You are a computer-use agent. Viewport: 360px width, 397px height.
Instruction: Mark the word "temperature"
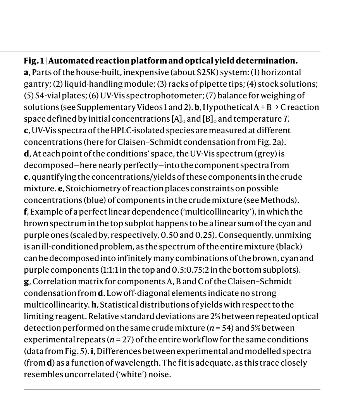[255, 119]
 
